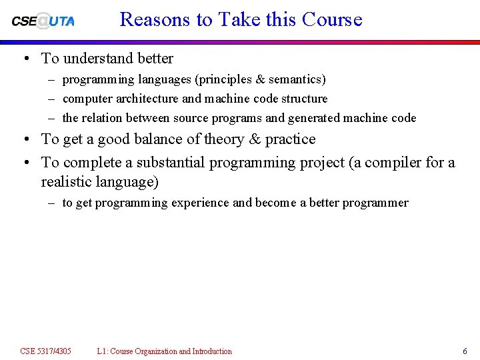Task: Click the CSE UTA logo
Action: point(43,21)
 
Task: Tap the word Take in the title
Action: point(238,19)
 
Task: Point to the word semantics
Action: point(297,79)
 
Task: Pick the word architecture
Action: point(147,99)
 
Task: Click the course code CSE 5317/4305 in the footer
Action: point(45,351)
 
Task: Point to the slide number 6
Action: point(465,351)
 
